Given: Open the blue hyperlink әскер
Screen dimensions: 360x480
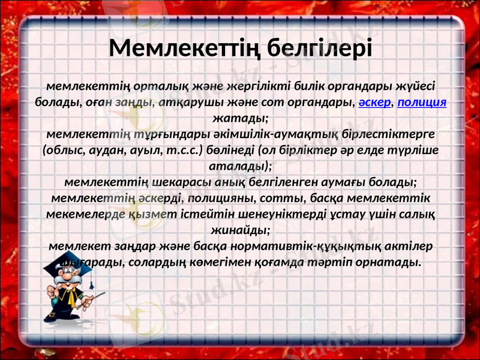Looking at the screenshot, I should point(375,101).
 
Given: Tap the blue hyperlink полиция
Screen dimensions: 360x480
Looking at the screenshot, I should point(422,101).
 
